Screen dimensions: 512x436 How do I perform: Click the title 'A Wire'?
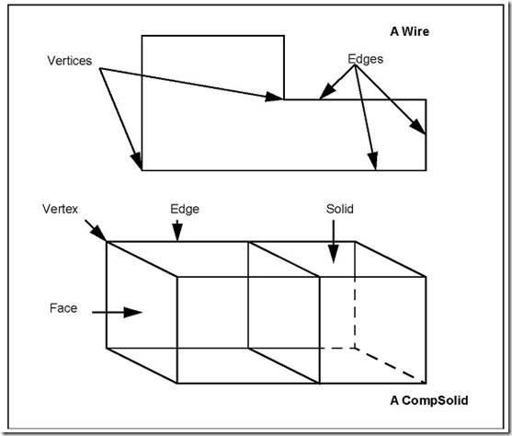pyautogui.click(x=409, y=31)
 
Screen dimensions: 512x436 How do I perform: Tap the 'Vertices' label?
pyautogui.click(x=70, y=61)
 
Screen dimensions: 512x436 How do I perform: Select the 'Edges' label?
pyautogui.click(x=366, y=59)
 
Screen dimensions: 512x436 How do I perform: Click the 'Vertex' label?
pyautogui.click(x=60, y=209)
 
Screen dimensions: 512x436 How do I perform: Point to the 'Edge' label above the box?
pyautogui.click(x=185, y=209)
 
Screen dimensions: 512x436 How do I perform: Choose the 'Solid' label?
pyautogui.click(x=339, y=209)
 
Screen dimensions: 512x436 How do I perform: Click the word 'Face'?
pyautogui.click(x=63, y=308)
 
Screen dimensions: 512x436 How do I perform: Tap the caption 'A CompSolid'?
pyautogui.click(x=429, y=400)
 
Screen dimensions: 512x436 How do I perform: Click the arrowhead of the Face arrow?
pyautogui.click(x=133, y=313)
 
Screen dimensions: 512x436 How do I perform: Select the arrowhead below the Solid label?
pyautogui.click(x=334, y=254)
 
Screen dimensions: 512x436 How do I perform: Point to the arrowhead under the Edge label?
pyautogui.click(x=177, y=233)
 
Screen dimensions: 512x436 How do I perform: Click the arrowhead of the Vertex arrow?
pyautogui.click(x=98, y=234)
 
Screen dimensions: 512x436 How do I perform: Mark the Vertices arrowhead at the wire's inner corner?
pyautogui.click(x=274, y=97)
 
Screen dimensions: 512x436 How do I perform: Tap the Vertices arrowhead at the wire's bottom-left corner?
pyautogui.click(x=137, y=162)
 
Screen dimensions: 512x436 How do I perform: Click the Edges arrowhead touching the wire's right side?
pyautogui.click(x=418, y=127)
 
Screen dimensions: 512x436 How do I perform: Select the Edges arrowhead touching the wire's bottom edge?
pyautogui.click(x=372, y=161)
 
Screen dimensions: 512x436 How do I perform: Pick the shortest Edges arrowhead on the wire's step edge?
pyautogui.click(x=328, y=91)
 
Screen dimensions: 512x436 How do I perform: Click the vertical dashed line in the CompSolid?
pyautogui.click(x=355, y=313)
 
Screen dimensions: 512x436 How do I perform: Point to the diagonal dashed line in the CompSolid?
pyautogui.click(x=391, y=366)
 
